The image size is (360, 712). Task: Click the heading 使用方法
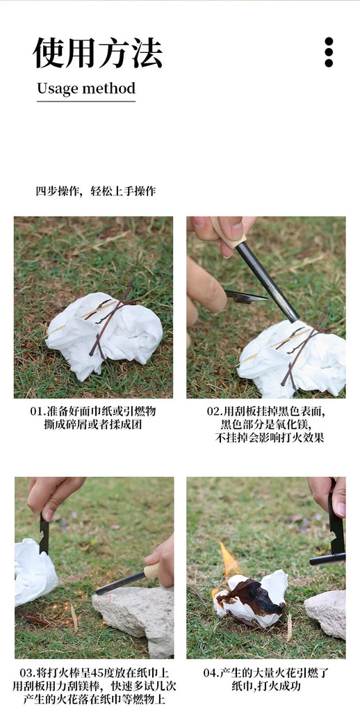[97, 53]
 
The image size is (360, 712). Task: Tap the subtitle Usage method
[85, 89]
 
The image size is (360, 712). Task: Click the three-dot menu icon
[329, 52]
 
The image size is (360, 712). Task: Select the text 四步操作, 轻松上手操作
[95, 191]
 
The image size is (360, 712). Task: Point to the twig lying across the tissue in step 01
[111, 320]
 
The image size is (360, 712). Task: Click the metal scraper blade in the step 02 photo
[245, 297]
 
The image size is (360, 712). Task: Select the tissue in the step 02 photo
[292, 358]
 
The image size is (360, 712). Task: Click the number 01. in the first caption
[38, 411]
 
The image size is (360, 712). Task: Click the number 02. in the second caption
[214, 411]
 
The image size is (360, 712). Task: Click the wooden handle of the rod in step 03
[151, 572]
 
